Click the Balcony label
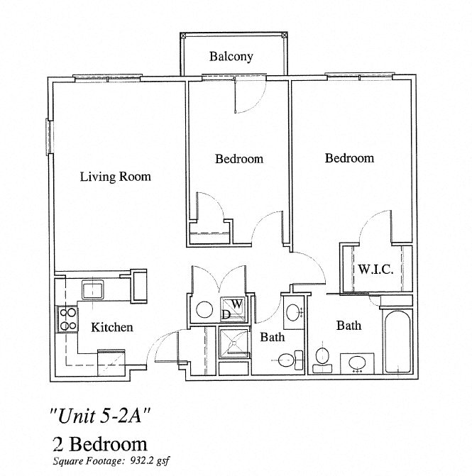[x=231, y=57]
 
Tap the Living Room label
[x=115, y=176]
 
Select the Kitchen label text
[x=112, y=327]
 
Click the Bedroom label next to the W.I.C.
[x=349, y=157]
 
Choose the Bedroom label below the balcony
[x=239, y=159]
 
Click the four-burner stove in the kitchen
[x=67, y=319]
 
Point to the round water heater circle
[x=204, y=309]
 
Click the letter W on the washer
[x=238, y=304]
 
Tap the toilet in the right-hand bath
[x=322, y=356]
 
